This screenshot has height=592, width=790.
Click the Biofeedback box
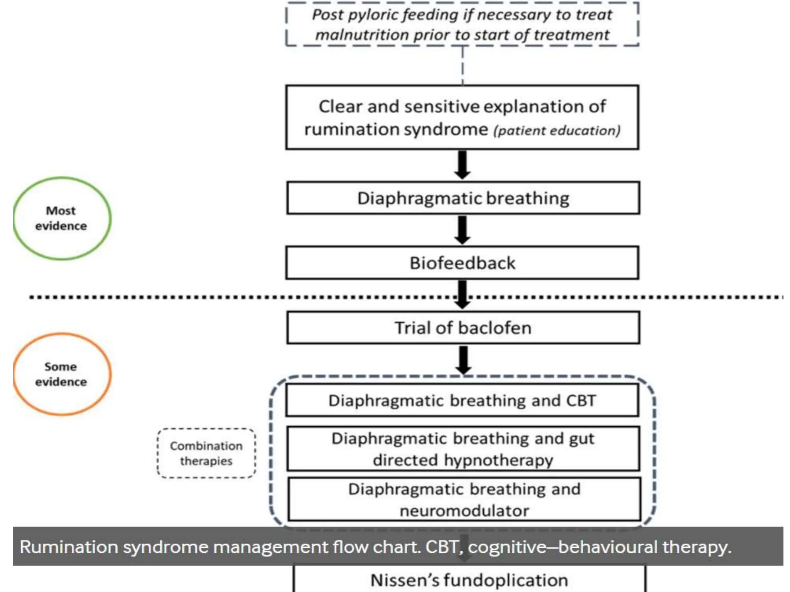click(x=462, y=263)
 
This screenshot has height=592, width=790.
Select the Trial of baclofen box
click(x=463, y=328)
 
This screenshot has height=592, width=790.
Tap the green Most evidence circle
click(x=62, y=218)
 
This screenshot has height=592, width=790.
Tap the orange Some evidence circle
click(x=62, y=374)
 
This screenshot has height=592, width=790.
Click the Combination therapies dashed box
click(x=206, y=453)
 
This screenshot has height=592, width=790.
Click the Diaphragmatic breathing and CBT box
click(x=462, y=400)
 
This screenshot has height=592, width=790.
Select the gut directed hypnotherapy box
click(x=463, y=449)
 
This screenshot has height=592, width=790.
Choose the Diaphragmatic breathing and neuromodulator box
click(x=464, y=499)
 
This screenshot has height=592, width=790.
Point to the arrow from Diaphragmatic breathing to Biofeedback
click(x=463, y=230)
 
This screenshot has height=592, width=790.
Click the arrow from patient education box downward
click(x=463, y=165)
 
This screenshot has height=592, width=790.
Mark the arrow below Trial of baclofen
click(x=463, y=360)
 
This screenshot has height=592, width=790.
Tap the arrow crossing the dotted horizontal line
click(x=463, y=295)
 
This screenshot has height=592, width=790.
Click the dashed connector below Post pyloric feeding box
click(x=463, y=66)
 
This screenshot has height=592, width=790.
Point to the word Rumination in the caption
click(x=69, y=547)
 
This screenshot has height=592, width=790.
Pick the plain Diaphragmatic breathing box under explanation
click(x=463, y=198)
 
